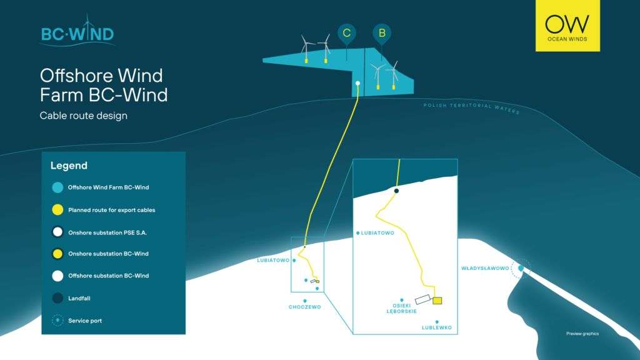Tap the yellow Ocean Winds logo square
point(567,26)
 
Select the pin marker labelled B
point(381,33)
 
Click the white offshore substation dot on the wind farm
point(357,83)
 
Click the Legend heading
point(69,166)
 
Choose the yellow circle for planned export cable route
point(57,210)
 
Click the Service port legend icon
point(57,321)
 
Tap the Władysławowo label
point(485,268)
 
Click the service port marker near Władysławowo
point(520,269)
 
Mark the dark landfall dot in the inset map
point(396,191)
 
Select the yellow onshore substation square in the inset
point(437,301)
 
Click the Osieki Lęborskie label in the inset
point(401,308)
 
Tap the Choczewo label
point(304,307)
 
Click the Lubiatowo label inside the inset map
point(377,233)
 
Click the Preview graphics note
point(582,334)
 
